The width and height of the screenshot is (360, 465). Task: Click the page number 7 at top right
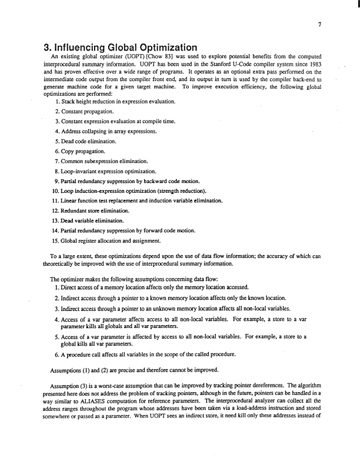pos(318,25)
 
